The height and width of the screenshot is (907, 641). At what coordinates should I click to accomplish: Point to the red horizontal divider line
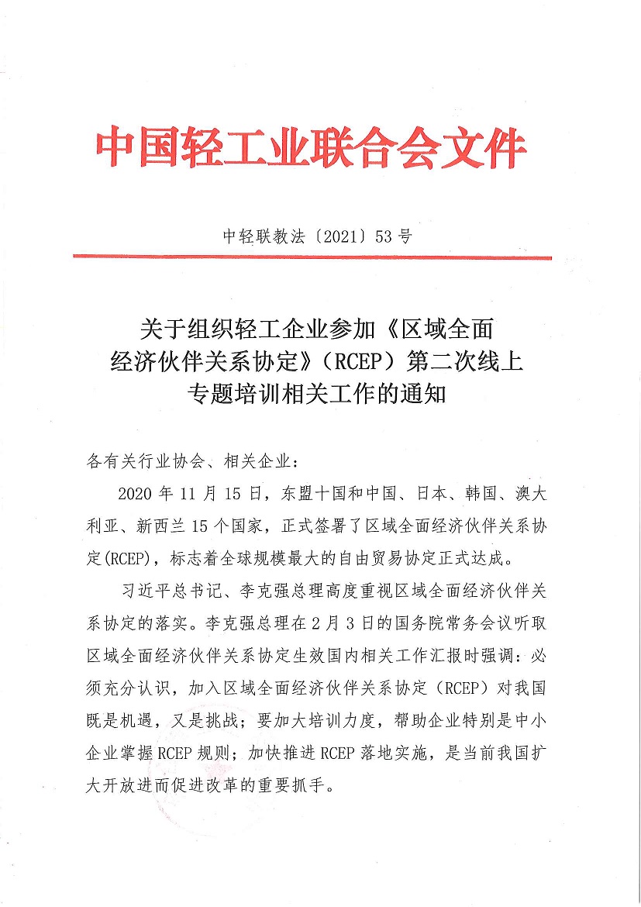click(312, 257)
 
